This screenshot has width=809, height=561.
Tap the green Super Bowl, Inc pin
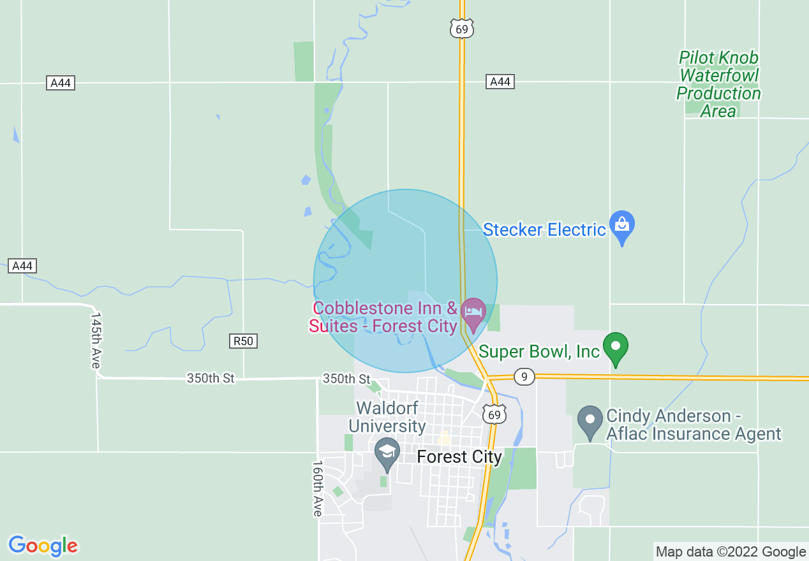616,347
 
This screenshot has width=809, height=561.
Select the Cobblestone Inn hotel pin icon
473,312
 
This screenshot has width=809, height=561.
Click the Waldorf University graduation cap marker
386,452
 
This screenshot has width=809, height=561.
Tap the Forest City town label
459,457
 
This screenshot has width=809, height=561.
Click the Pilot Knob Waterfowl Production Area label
718,84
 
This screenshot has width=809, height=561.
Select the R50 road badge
243,341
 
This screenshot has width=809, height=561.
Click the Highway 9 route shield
524,377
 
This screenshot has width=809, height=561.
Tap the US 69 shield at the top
461,29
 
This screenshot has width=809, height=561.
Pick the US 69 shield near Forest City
495,415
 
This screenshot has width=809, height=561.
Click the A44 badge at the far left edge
22,265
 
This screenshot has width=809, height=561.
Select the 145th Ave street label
96,340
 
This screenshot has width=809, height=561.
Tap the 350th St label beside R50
211,379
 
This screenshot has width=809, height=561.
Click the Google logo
43,546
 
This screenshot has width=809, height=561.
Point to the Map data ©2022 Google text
731,551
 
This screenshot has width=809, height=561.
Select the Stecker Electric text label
544,229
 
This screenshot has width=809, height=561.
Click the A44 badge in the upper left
61,83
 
